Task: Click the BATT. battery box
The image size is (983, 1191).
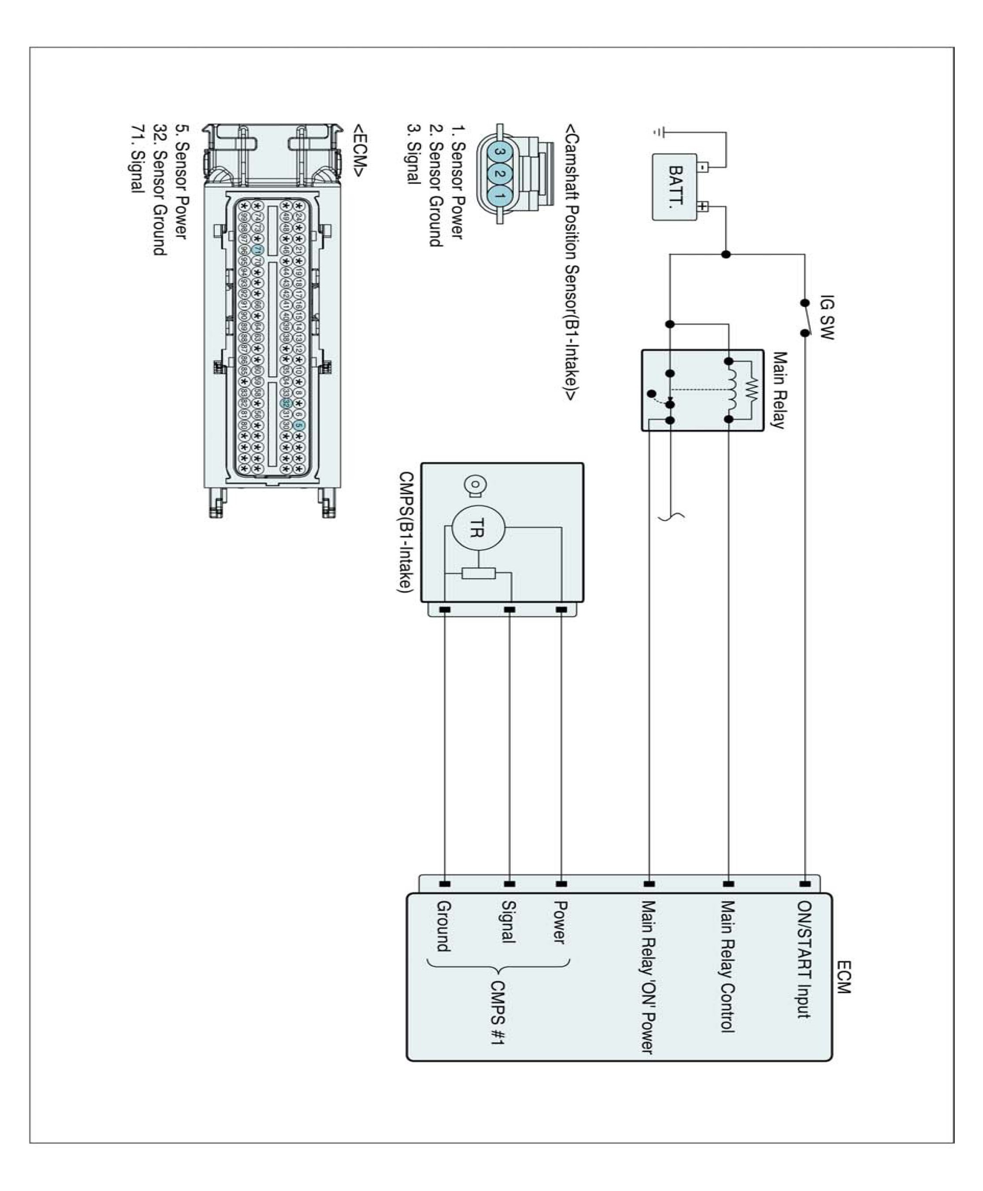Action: pos(674,187)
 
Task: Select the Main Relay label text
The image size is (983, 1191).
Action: pos(779,390)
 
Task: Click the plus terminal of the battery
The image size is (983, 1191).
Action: pos(702,206)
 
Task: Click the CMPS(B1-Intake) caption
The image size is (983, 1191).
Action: pos(406,532)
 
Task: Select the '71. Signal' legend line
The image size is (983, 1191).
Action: pos(138,159)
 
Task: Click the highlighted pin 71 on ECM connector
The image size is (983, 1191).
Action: pos(257,250)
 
